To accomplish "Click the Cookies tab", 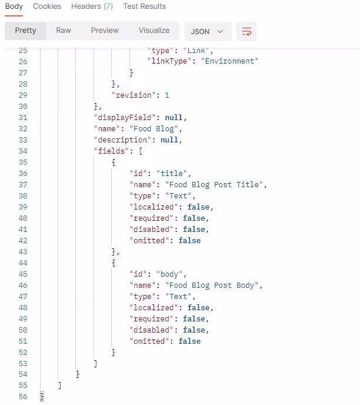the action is point(47,6).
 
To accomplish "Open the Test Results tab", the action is point(144,6).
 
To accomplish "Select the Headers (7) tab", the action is point(92,6).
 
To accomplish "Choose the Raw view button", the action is point(64,31).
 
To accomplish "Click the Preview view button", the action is point(105,31).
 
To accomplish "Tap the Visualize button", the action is point(154,31).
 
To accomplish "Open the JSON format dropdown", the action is point(208,32).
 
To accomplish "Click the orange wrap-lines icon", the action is point(246,32).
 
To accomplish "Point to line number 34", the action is point(23,151).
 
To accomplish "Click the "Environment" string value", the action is point(229,61).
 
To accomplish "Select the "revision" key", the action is point(132,95).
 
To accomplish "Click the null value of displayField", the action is point(174,118).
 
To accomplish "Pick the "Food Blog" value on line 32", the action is point(154,129).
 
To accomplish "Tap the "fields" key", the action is point(112,151).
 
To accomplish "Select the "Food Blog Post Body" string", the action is point(212,285).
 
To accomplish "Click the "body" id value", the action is point(169,274).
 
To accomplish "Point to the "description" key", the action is point(122,140).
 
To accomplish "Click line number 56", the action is point(23,397).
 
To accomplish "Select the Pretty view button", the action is point(25,31).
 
